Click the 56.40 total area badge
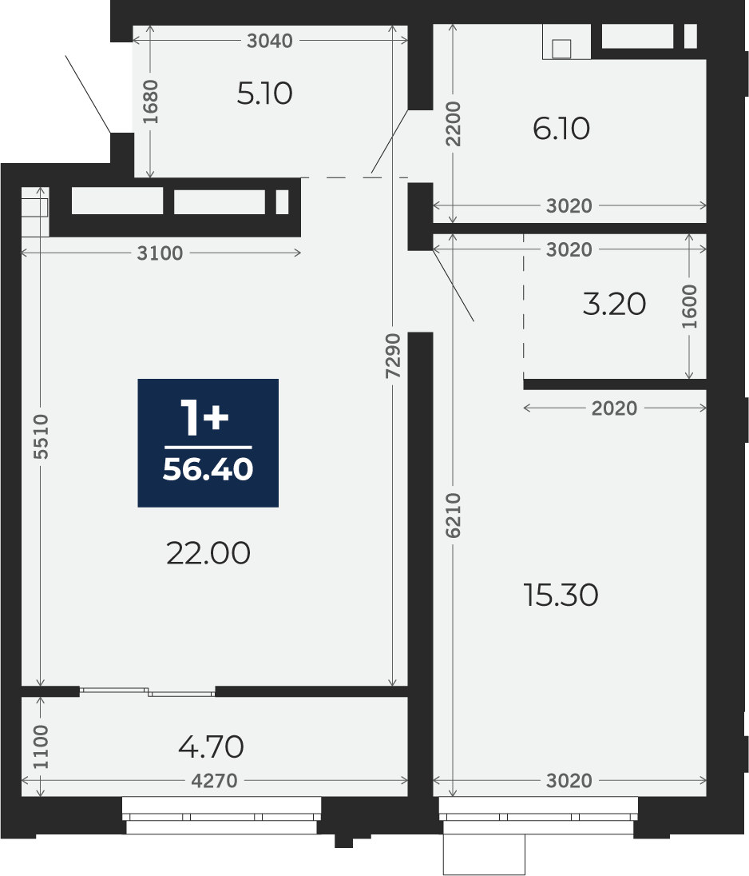(208, 443)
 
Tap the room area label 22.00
(208, 554)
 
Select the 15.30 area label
(561, 595)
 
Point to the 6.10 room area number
(561, 129)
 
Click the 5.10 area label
(264, 94)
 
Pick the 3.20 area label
(614, 305)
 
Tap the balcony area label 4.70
(211, 747)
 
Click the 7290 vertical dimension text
(394, 356)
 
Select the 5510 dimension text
(41, 436)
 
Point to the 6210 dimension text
(454, 515)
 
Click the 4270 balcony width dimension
(214, 780)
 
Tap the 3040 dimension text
(270, 41)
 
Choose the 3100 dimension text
(160, 253)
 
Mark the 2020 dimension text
(614, 408)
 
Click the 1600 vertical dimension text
(690, 306)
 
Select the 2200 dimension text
(454, 123)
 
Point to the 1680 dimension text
(150, 102)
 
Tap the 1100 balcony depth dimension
(41, 747)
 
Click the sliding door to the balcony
(148, 692)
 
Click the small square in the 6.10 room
(561, 50)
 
